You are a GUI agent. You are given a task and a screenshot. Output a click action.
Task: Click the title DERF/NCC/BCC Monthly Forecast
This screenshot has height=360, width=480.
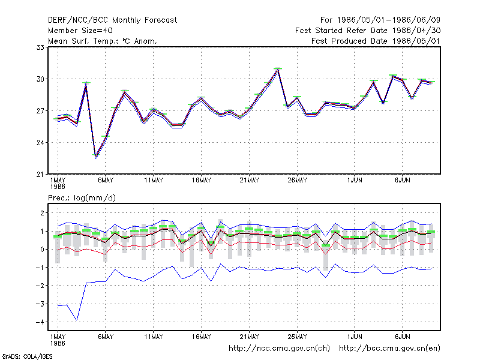[x=112, y=20]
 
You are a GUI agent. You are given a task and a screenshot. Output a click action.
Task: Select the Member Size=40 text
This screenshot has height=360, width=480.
[x=80, y=31]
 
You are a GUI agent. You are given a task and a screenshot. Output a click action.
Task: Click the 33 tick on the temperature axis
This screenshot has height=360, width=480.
[x=40, y=47]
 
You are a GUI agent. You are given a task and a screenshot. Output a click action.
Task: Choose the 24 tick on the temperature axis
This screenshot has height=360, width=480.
[x=40, y=143]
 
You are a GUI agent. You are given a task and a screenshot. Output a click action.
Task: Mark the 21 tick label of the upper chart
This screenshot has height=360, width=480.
[x=40, y=175]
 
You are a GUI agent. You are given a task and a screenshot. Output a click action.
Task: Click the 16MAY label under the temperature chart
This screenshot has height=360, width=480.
[x=202, y=181]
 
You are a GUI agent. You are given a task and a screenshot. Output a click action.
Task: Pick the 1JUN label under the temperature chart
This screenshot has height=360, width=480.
[x=355, y=181]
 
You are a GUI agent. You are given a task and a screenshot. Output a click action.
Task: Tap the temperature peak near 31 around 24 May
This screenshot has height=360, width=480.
[x=278, y=70]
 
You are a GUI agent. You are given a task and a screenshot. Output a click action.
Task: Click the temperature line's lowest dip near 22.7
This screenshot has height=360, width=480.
[x=96, y=157]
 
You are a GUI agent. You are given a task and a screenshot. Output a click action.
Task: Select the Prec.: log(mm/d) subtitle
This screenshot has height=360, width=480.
[x=82, y=198]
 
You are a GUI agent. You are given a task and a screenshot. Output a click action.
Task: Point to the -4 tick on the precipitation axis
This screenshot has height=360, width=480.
[x=40, y=322]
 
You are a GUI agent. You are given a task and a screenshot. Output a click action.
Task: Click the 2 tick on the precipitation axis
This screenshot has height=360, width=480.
[x=42, y=213]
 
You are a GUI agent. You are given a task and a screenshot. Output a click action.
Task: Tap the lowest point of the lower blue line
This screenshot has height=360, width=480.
[x=77, y=320]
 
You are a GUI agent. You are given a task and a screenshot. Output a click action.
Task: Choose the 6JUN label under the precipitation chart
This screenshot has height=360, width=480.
[x=402, y=337]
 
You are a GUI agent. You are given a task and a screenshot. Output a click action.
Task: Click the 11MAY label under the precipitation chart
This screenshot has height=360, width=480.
[x=154, y=337]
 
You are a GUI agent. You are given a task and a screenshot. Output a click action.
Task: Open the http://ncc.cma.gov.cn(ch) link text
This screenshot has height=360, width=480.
[x=279, y=349]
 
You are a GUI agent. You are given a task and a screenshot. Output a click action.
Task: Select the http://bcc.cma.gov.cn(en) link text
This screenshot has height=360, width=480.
[x=389, y=349]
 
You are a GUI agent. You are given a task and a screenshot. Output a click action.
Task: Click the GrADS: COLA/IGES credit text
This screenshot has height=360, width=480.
[x=27, y=356]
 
